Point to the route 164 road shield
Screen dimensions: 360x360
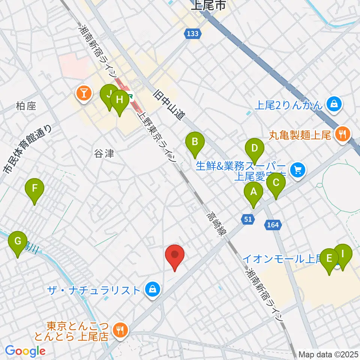[273, 225]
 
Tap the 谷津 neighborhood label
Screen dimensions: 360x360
[103, 153]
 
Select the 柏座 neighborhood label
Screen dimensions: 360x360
[26, 106]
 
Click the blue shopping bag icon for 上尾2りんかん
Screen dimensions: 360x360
[333, 105]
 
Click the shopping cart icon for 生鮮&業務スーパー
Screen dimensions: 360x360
[298, 170]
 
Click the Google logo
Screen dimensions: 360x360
[25, 351]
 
